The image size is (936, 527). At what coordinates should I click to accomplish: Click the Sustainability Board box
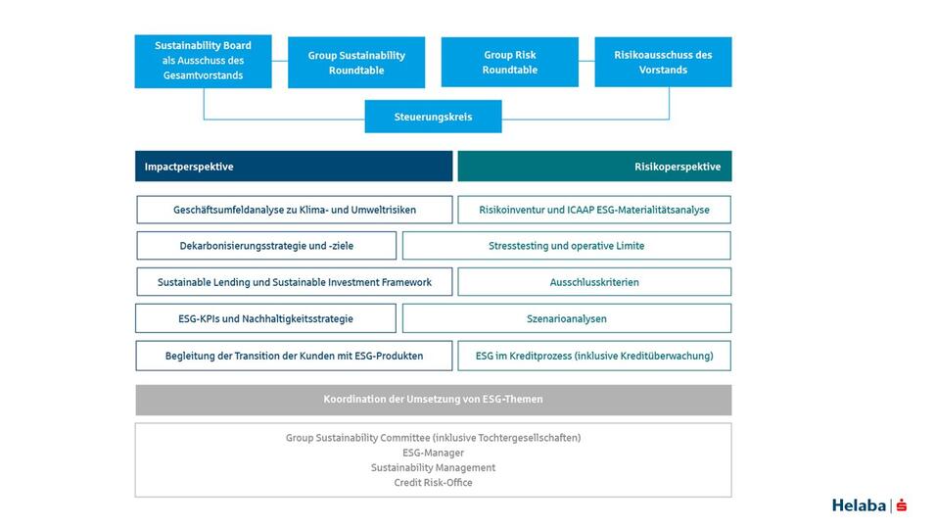203,61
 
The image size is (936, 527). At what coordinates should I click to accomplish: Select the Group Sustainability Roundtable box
356,63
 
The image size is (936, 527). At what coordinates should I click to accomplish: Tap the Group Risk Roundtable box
509,62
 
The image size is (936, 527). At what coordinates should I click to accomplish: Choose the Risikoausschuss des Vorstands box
663,62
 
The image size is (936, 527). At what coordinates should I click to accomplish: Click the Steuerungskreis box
433,117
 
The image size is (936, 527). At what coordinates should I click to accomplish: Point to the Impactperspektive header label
189,167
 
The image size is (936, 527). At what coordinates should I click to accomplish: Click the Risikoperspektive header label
677,167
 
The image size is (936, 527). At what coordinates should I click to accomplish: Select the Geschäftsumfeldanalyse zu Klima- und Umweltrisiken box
295,210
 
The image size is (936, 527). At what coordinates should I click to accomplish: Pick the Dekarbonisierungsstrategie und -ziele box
266,246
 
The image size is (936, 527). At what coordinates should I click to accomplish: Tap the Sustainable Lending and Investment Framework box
295,282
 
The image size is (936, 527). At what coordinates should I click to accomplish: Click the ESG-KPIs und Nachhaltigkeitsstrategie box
266,318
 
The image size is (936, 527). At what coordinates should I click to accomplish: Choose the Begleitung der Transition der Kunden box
295,356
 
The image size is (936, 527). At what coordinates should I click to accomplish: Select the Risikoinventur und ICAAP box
594,210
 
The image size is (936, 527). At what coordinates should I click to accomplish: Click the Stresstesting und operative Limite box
566,246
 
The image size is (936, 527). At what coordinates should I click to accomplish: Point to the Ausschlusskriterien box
594,282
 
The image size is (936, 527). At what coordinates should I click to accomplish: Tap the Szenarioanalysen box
566,318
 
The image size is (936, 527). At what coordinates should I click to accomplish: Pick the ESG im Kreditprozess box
594,356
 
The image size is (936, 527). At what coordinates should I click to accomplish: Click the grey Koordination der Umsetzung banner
433,400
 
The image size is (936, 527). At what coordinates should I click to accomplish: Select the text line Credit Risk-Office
433,483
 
